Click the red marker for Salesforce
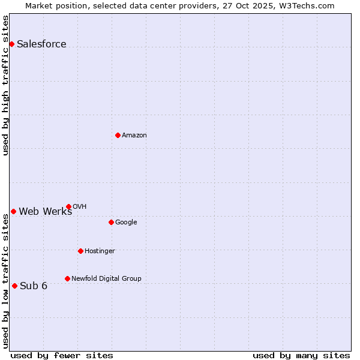(x=11, y=44)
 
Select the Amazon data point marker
(x=118, y=135)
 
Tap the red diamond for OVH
(x=68, y=206)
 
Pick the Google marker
(x=111, y=222)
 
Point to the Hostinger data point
(x=80, y=251)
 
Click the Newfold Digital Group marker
(x=67, y=278)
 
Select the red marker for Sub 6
(x=14, y=286)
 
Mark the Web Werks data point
(x=13, y=211)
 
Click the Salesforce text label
(x=41, y=44)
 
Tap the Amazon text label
(x=134, y=135)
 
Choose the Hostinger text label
(x=100, y=251)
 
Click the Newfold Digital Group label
(x=106, y=278)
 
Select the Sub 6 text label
(x=34, y=286)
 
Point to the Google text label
(x=126, y=222)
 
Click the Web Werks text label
(x=45, y=211)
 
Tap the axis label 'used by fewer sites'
(x=62, y=355)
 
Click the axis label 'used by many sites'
(x=301, y=355)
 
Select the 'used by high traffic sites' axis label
(x=5, y=85)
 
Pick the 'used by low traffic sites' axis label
(x=5, y=281)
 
